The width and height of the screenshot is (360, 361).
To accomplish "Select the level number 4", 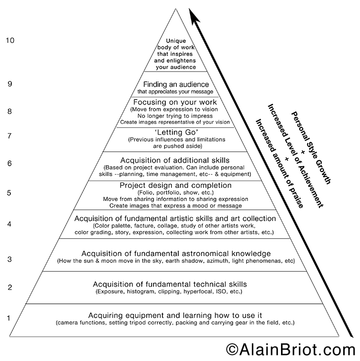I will pos(9,224).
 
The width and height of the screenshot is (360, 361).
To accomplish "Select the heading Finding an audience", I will pos(176,84).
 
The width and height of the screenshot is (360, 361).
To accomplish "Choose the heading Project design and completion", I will pos(176,185).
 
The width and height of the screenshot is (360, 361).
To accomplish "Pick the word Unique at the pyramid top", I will pos(176,41).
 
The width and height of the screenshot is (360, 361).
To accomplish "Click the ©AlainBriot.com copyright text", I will pos(291,349).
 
